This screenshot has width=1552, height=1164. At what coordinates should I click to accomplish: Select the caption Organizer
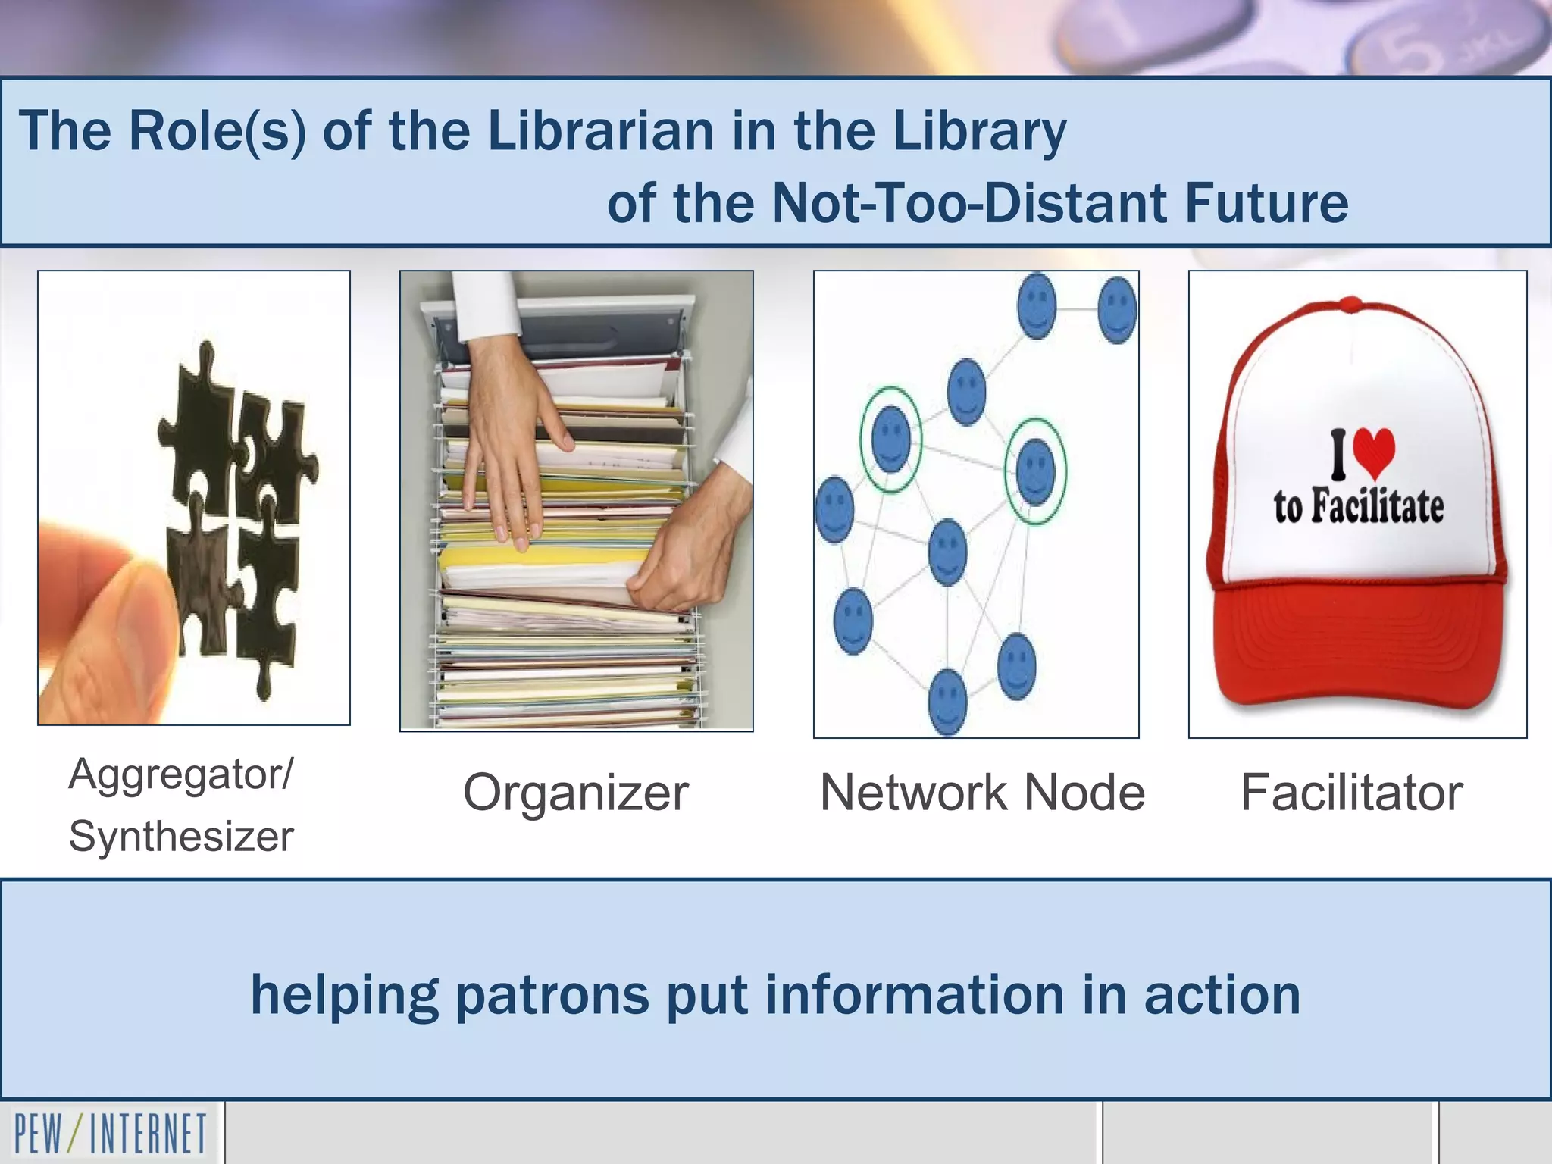point(576,793)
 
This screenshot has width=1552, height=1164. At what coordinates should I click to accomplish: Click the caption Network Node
point(982,793)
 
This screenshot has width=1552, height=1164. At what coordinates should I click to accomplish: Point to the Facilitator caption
point(1351,793)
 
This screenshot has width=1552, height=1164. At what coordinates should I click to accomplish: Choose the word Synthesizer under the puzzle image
point(181,837)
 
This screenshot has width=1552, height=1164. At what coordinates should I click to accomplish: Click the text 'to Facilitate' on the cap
point(1358,506)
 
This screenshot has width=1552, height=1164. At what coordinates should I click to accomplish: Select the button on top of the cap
point(1350,305)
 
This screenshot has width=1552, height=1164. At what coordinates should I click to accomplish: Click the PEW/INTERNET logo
point(111,1134)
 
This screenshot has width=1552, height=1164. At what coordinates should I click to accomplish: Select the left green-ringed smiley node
point(891,440)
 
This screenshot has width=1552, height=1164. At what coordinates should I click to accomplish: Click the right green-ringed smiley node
point(1035,471)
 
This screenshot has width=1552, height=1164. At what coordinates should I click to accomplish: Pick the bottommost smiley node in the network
point(947,700)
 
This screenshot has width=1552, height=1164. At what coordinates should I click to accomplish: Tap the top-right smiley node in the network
point(1117,309)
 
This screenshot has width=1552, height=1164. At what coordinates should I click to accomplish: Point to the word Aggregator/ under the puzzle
point(180,774)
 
